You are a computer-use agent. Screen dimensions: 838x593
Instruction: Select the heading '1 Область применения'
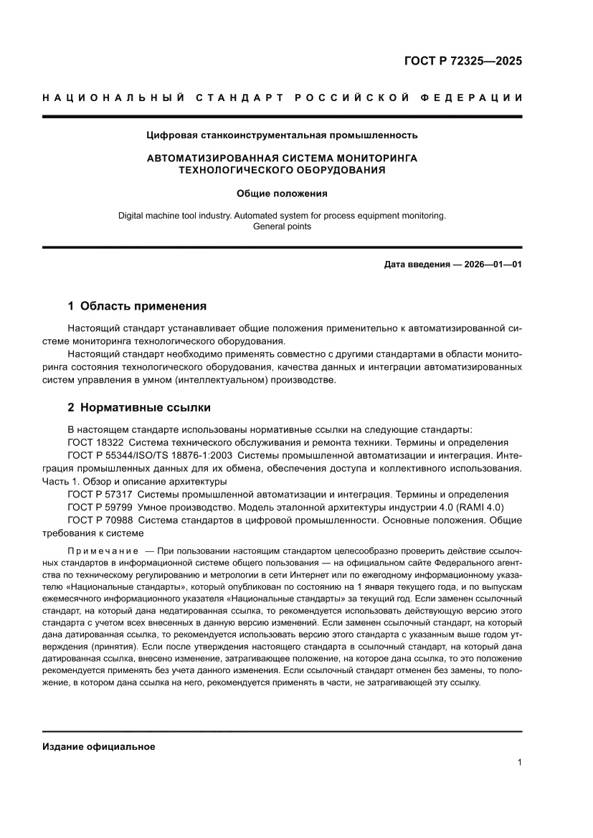point(137,306)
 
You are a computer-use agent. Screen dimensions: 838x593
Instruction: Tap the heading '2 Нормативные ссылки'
point(138,407)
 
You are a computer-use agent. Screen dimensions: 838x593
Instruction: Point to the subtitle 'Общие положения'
point(282,193)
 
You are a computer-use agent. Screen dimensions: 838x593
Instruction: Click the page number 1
point(518,763)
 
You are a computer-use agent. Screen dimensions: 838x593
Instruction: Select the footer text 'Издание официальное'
point(99,746)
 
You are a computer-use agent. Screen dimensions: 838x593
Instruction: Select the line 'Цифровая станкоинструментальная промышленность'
point(282,134)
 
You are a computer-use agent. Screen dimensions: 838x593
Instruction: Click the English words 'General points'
point(282,226)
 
